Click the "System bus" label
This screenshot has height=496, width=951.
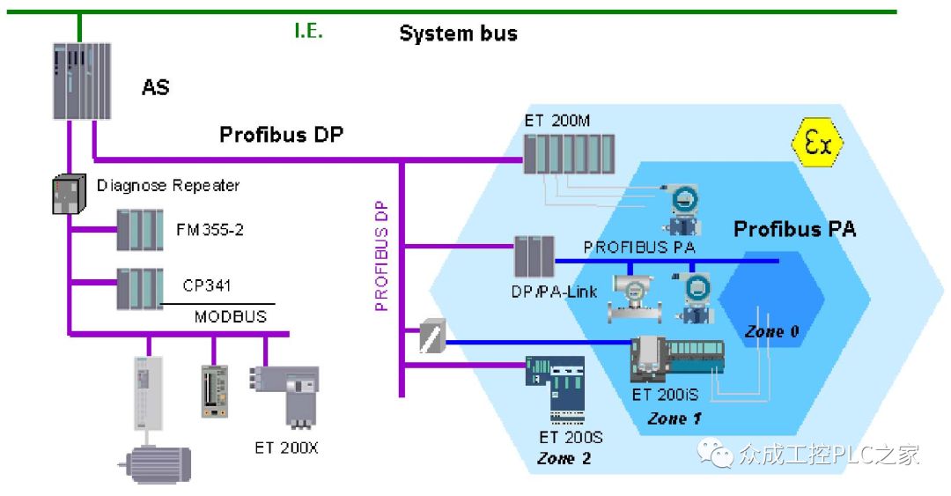(x=458, y=34)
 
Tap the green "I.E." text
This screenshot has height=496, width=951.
(x=308, y=32)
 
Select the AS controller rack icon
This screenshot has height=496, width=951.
(x=80, y=80)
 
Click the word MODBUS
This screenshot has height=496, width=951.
(x=230, y=316)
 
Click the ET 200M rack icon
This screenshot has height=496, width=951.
(x=567, y=154)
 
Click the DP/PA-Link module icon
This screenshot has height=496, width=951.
(x=534, y=257)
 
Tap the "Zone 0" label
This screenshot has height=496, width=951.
(x=771, y=332)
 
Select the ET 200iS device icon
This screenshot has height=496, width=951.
(x=675, y=360)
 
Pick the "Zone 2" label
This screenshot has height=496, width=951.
(x=564, y=458)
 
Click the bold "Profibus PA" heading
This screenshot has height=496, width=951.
(x=794, y=229)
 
